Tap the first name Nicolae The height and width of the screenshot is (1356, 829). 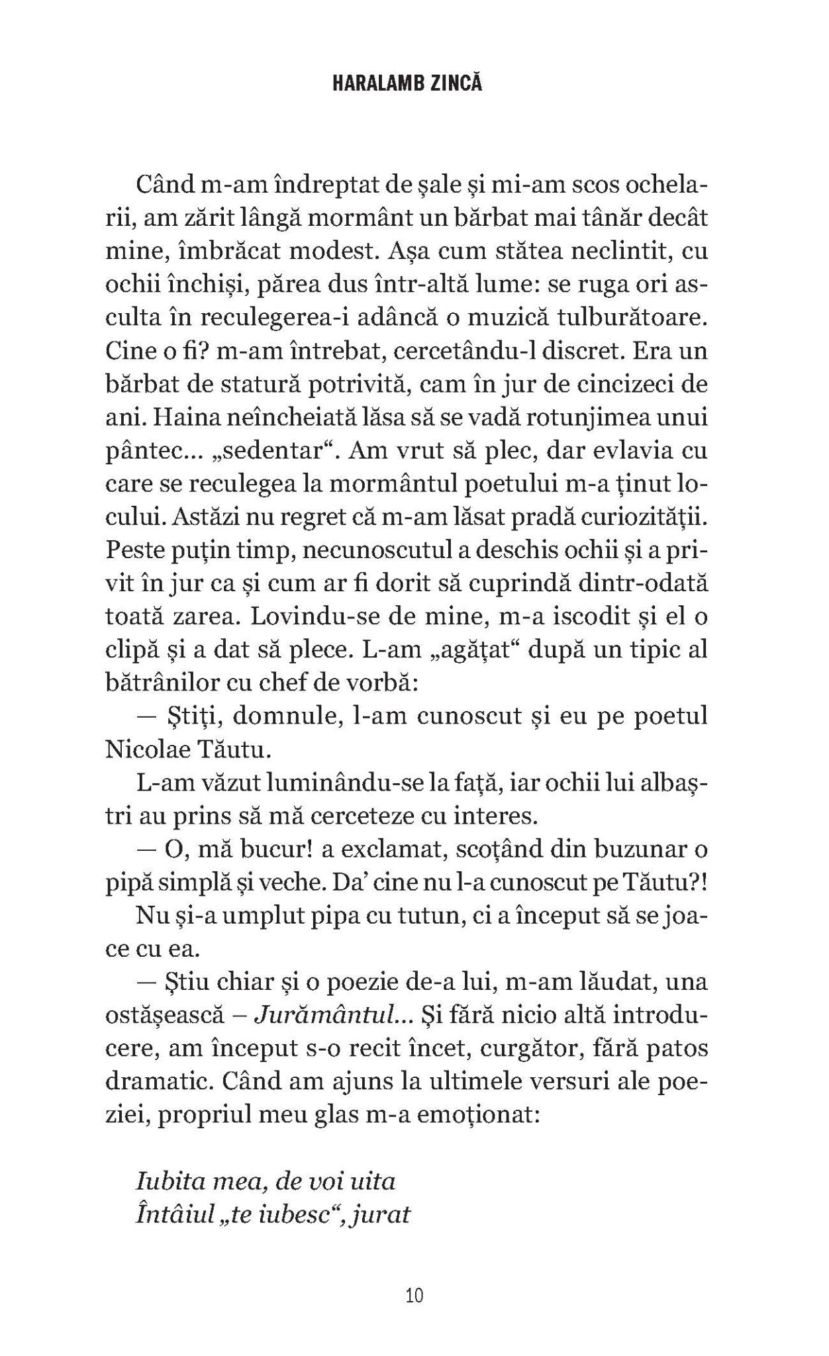[152, 750]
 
